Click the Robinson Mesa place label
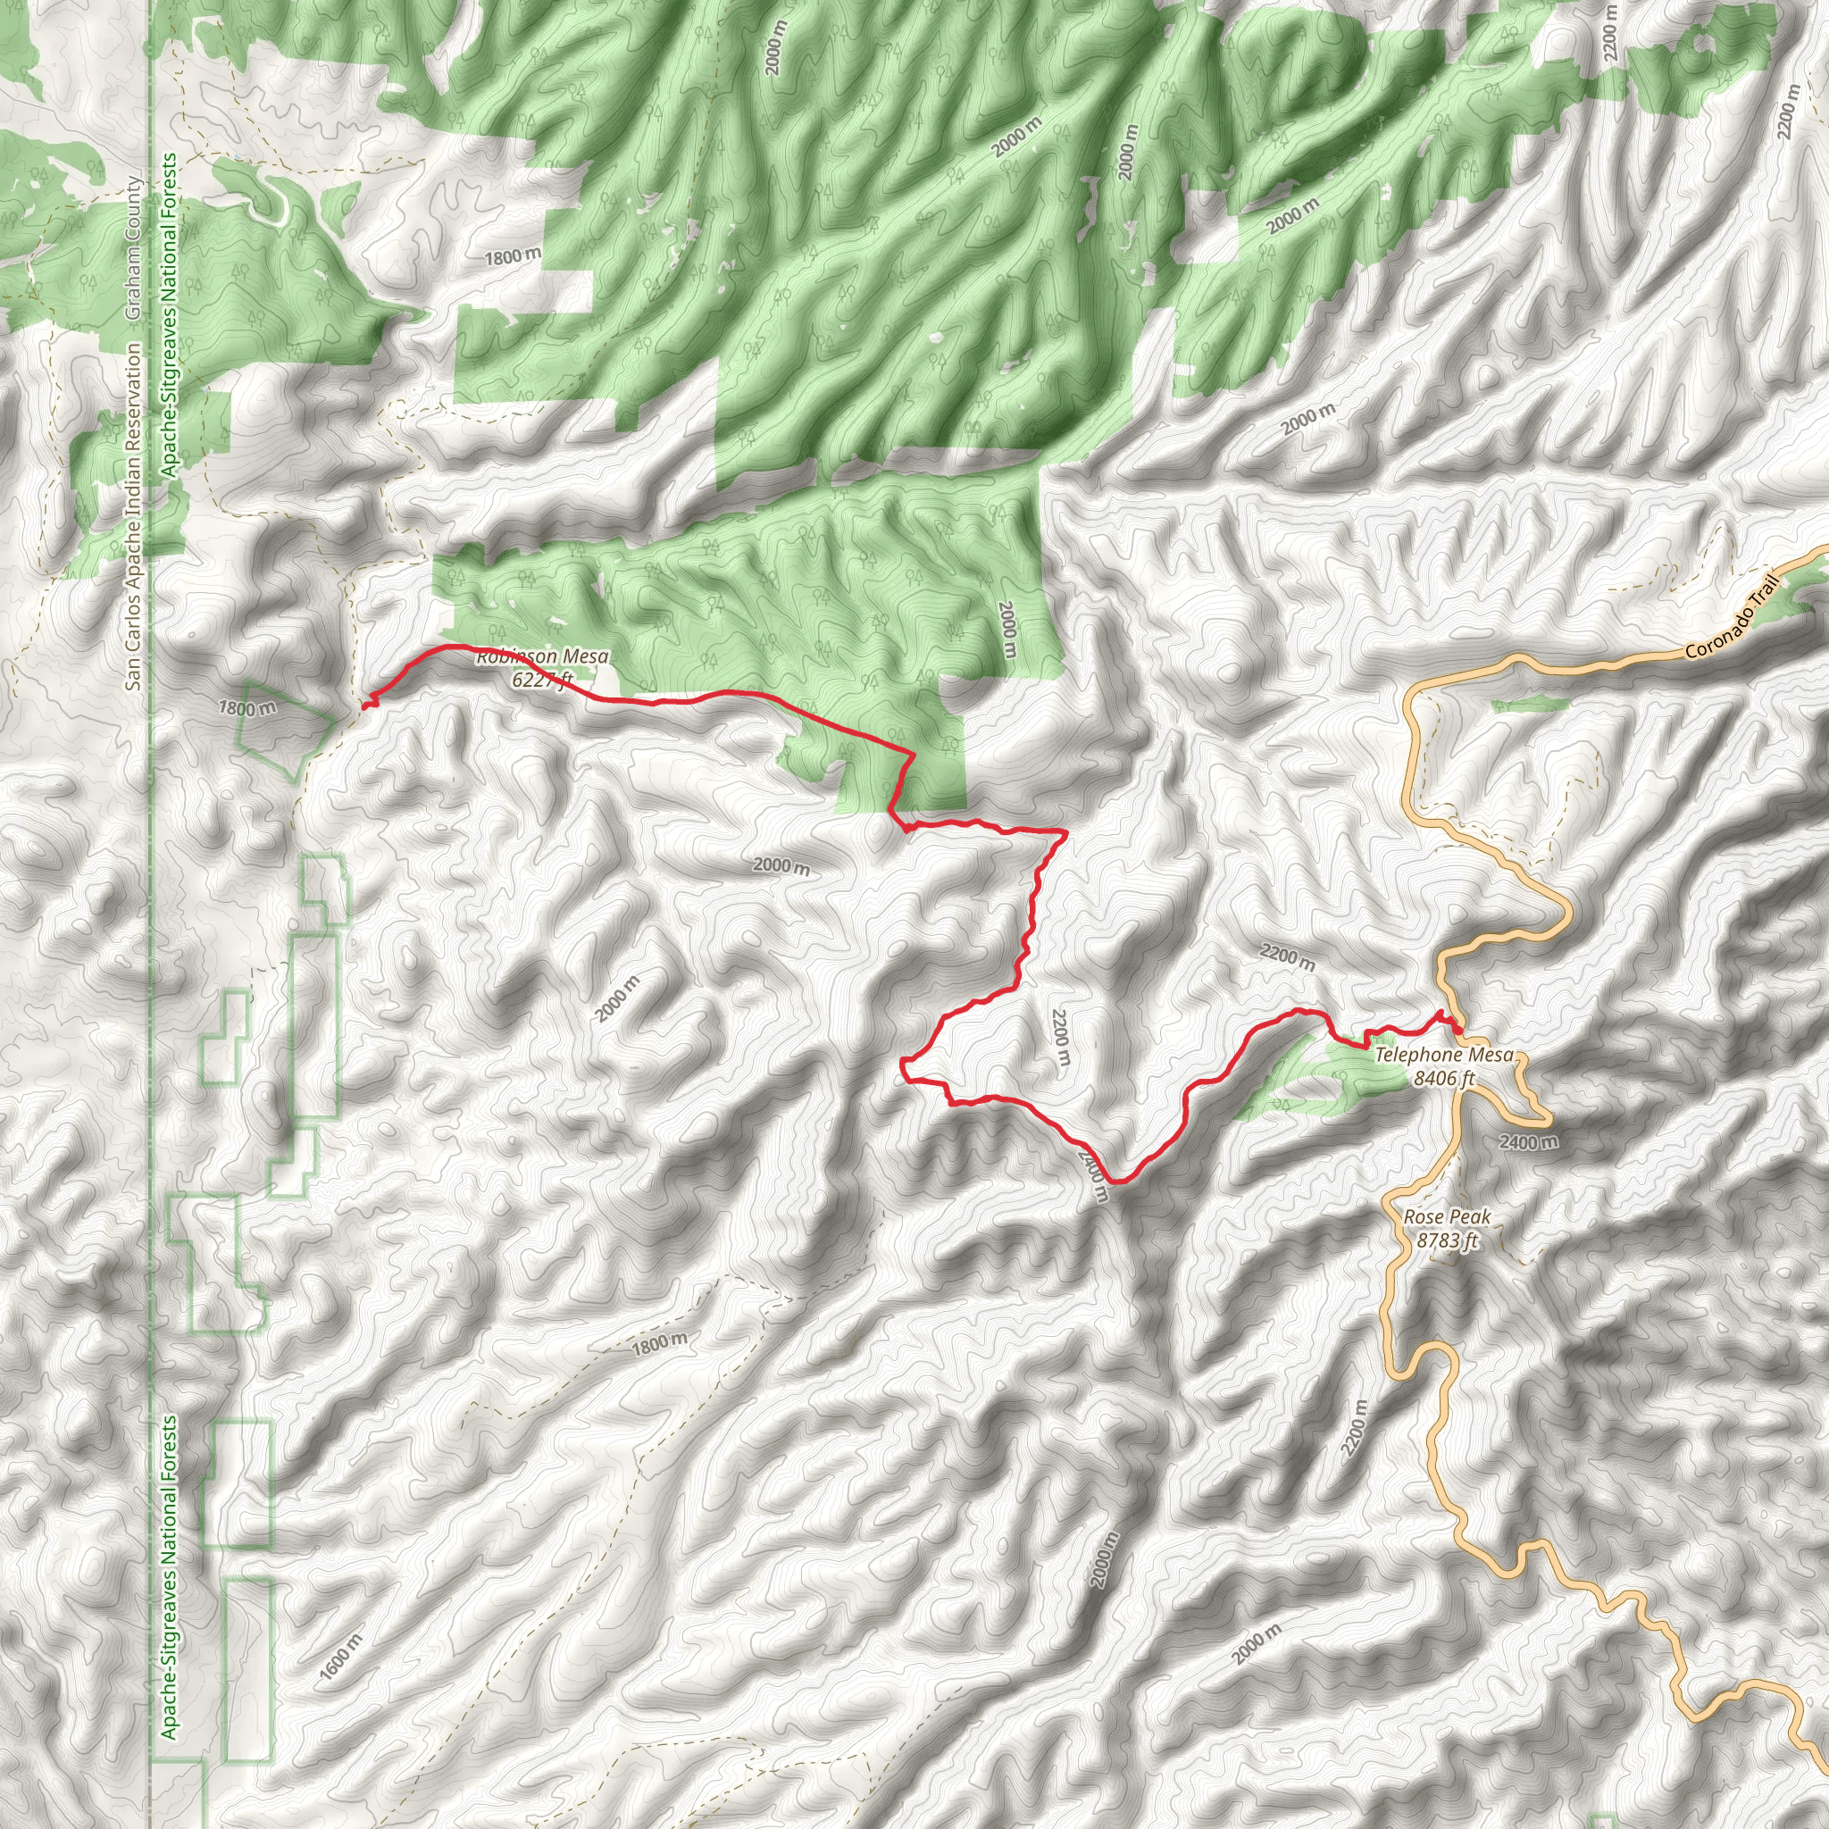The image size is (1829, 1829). pyautogui.click(x=542, y=656)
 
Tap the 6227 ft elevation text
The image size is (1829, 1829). pyautogui.click(x=542, y=679)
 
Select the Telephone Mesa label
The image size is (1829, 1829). pyautogui.click(x=1444, y=1055)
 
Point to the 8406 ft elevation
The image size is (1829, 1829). pyautogui.click(x=1444, y=1077)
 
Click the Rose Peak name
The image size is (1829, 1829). pyautogui.click(x=1447, y=1216)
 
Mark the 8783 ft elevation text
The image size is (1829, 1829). pyautogui.click(x=1447, y=1240)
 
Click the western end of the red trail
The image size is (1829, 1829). pyautogui.click(x=365, y=704)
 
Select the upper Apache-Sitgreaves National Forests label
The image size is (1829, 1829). pyautogui.click(x=170, y=315)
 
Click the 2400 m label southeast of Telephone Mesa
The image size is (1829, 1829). pyautogui.click(x=1529, y=1141)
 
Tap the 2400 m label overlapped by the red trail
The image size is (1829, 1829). pyautogui.click(x=1092, y=1173)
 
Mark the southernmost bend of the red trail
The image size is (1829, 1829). pyautogui.click(x=1118, y=1182)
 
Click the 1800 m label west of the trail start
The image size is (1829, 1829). pyautogui.click(x=247, y=707)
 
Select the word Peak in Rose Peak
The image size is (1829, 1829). pyautogui.click(x=1469, y=1216)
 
